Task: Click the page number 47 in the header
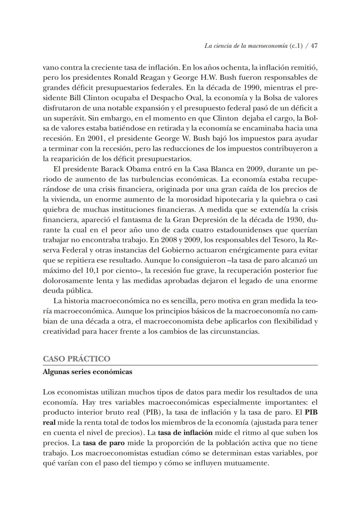click(x=314, y=46)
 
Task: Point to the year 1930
click(x=294, y=220)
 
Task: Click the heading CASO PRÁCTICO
click(x=76, y=359)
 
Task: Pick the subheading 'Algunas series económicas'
click(x=87, y=372)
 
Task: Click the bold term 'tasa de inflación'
click(x=185, y=433)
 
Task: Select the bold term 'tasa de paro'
click(x=104, y=443)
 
